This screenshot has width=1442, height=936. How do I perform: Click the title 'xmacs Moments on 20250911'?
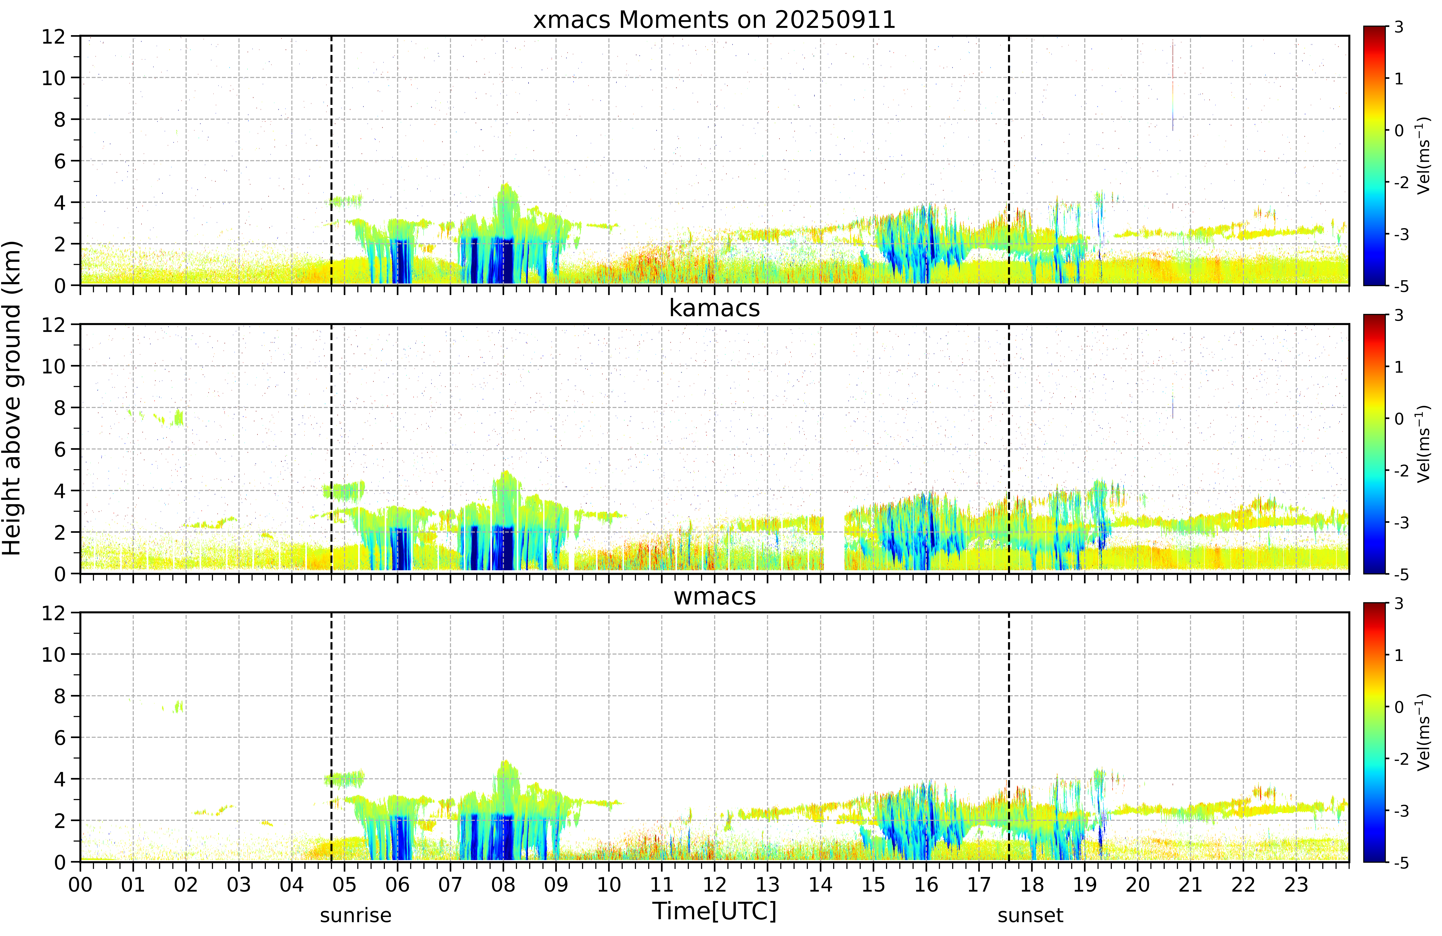click(x=714, y=20)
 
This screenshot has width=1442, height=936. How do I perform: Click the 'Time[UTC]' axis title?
click(x=714, y=911)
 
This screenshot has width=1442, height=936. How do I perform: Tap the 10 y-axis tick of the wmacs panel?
click(x=53, y=654)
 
